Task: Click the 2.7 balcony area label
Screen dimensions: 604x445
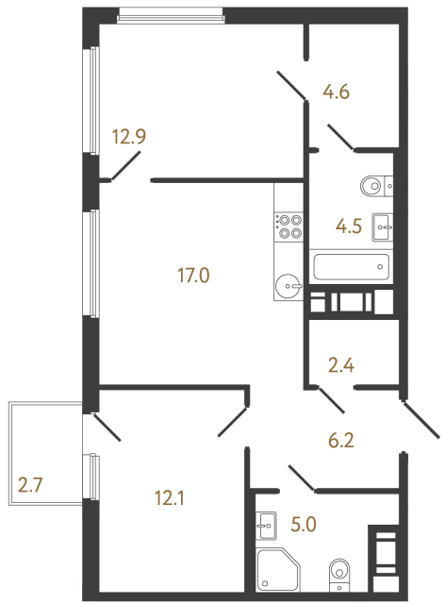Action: point(31,487)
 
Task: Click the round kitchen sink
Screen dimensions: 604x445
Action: point(288,283)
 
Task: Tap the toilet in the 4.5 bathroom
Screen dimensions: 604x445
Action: point(374,186)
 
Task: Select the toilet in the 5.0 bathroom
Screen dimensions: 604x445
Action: point(338,572)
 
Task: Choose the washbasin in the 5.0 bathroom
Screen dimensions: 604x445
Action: point(265,522)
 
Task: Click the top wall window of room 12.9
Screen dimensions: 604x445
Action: point(172,14)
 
